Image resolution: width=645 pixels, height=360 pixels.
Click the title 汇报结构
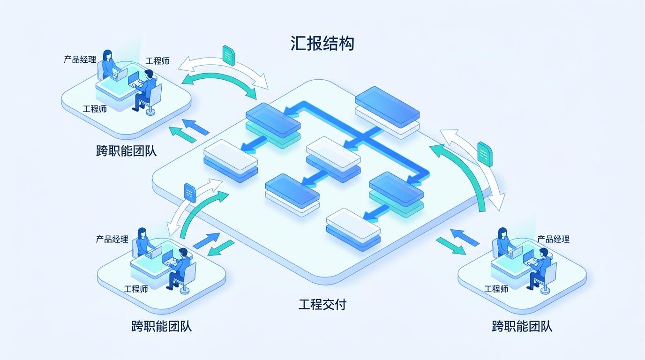[322, 44]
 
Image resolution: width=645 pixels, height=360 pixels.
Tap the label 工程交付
[322, 304]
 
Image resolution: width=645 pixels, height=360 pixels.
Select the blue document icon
[190, 192]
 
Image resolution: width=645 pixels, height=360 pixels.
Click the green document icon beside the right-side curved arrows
[485, 154]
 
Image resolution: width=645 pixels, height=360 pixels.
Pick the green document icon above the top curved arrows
[229, 56]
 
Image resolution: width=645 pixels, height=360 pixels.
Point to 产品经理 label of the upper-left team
[80, 60]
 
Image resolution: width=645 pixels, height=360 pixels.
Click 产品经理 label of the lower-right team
[553, 239]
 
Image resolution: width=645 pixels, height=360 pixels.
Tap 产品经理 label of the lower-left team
[112, 239]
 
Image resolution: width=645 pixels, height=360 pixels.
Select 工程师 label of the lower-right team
[496, 289]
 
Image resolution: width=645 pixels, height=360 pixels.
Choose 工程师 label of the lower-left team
[136, 289]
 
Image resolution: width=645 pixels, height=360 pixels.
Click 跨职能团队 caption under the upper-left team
[126, 151]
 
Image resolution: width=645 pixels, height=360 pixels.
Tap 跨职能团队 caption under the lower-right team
[522, 326]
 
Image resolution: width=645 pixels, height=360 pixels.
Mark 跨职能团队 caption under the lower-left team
[162, 326]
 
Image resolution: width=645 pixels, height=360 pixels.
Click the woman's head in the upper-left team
[107, 55]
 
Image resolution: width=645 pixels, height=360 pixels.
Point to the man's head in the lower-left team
[183, 254]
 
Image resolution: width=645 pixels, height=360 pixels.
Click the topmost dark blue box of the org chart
[387, 107]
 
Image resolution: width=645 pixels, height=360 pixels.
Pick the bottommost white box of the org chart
[353, 224]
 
